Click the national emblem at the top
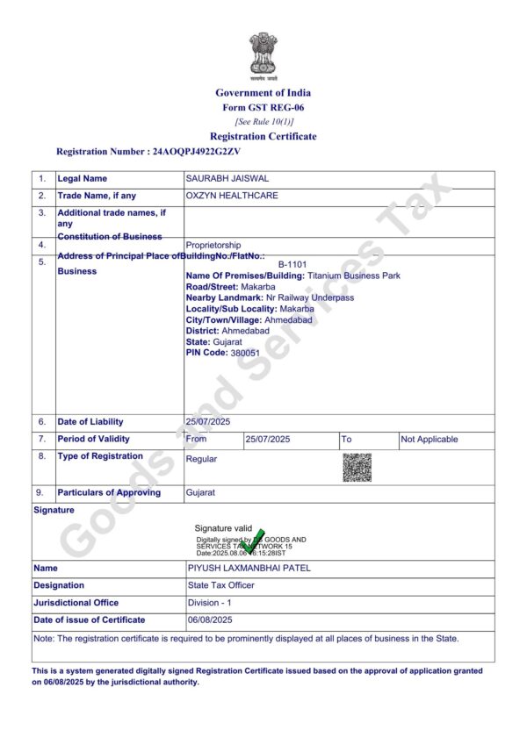pos(263,54)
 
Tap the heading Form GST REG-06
pos(263,107)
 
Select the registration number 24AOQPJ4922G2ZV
pos(197,152)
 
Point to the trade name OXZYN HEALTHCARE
pos(232,196)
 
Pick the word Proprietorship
pos(213,245)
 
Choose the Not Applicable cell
pos(430,439)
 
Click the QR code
pos(357,467)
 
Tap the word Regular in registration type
pos(202,459)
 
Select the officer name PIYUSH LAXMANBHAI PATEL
pos(249,568)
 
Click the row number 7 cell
pos(41,439)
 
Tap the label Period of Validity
pos(94,439)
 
